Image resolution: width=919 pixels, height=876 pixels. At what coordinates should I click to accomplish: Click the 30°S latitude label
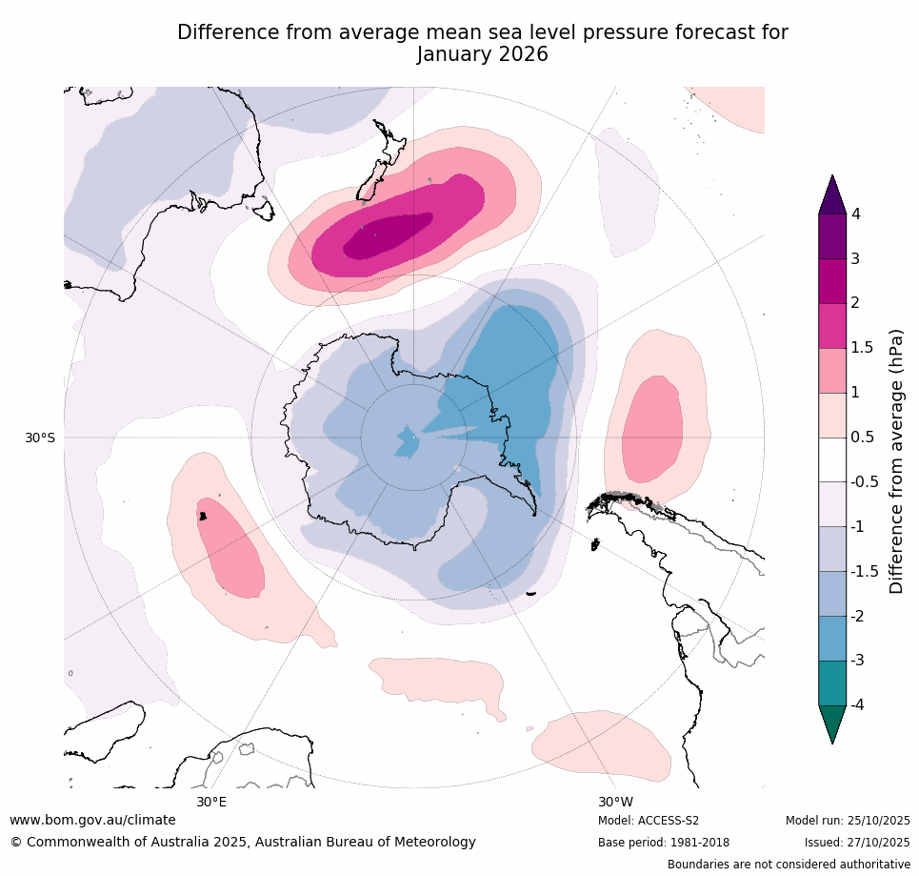click(39, 438)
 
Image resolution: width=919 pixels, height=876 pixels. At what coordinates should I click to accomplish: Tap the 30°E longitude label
click(211, 802)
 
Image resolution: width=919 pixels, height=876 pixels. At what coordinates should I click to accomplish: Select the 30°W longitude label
click(615, 802)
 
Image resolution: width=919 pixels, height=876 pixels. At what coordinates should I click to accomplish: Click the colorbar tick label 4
click(855, 214)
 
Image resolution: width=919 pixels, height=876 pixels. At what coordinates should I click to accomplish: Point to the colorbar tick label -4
click(855, 704)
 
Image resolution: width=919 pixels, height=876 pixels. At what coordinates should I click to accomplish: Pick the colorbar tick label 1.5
click(861, 347)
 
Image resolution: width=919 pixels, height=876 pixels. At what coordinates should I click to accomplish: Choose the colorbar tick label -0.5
click(863, 481)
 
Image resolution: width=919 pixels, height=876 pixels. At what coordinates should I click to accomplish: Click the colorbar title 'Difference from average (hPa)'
click(896, 461)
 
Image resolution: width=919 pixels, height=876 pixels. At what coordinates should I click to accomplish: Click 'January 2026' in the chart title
click(482, 54)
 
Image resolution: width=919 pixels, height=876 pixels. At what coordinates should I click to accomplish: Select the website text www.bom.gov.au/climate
click(92, 820)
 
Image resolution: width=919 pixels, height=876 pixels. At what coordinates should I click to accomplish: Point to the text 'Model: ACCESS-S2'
click(649, 821)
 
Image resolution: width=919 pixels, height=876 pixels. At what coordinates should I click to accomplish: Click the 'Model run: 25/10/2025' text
click(848, 821)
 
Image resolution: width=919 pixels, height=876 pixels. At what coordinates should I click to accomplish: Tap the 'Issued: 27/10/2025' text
click(856, 843)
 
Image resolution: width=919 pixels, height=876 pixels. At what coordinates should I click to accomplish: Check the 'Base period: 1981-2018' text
click(664, 843)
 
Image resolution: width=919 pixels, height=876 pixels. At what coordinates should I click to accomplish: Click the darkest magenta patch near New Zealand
click(386, 234)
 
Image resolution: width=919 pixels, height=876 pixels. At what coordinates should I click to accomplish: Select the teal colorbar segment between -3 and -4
click(832, 682)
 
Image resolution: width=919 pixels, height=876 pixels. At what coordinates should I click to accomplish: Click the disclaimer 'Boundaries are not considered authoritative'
click(789, 865)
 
